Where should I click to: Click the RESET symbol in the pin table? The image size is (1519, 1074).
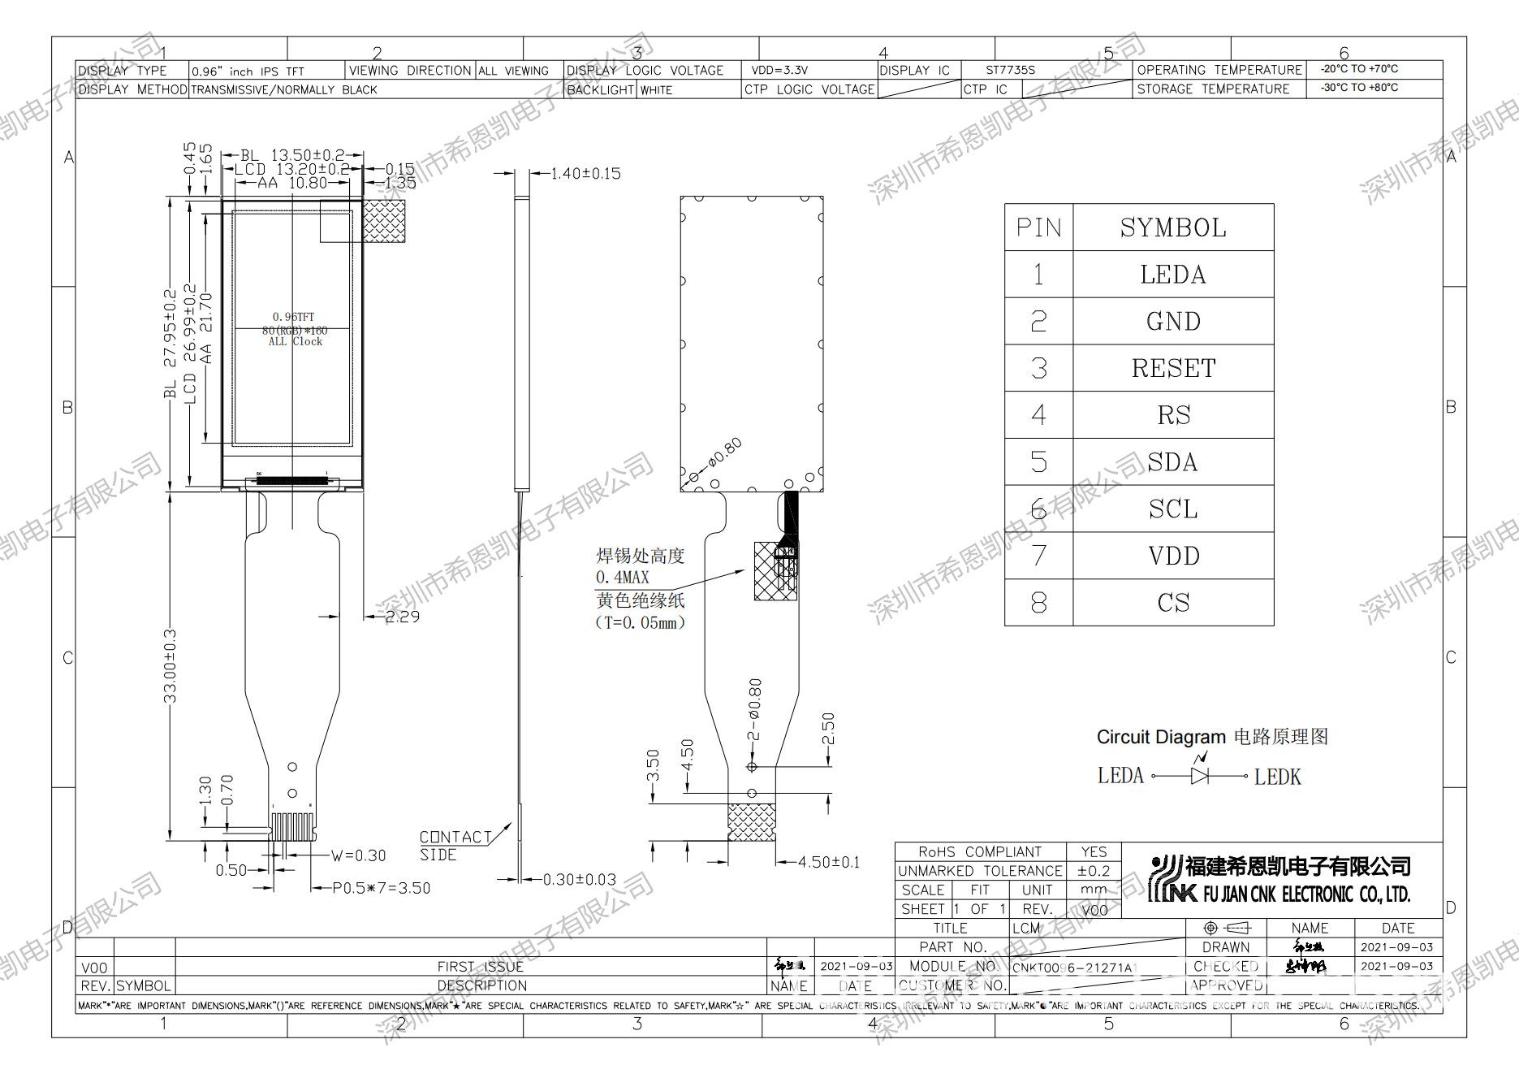point(1173,368)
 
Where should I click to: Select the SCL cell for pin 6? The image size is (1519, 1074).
point(1173,509)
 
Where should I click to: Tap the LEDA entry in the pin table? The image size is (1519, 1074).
point(1173,275)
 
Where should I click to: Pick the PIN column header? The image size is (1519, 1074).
point(1038,227)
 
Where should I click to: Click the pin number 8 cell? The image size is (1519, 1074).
point(1038,603)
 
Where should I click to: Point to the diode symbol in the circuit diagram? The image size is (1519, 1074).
point(1199,776)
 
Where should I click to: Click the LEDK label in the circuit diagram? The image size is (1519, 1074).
point(1277,777)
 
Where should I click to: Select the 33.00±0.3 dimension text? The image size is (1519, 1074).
point(170,665)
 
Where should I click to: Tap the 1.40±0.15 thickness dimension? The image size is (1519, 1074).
point(585,173)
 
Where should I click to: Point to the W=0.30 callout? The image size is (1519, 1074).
point(358,855)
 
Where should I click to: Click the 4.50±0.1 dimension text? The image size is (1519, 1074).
point(829,862)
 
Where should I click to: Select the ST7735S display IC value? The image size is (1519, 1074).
point(1010,71)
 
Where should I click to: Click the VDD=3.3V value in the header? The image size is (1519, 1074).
point(779,71)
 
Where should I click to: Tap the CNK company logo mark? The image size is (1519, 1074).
point(1165,880)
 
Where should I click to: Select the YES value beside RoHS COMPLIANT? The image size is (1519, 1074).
point(1094,851)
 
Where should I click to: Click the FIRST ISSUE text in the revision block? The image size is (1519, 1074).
point(481,967)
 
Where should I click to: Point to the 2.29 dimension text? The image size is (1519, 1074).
point(403,617)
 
